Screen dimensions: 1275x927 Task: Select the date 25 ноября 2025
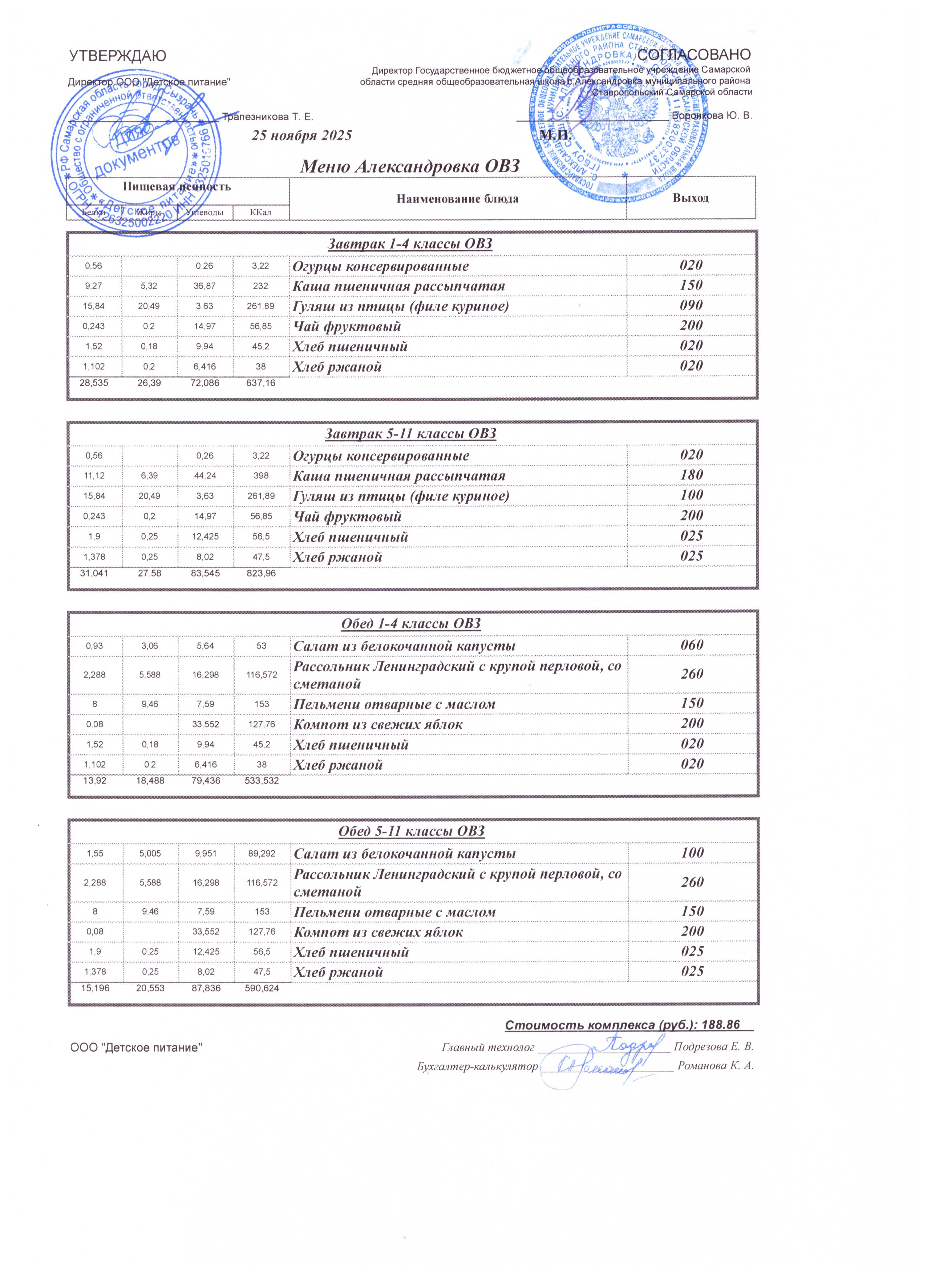coord(301,135)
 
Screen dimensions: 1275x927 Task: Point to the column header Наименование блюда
coord(458,199)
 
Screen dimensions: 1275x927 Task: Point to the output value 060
coord(692,645)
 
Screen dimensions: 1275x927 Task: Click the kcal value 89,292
coord(262,853)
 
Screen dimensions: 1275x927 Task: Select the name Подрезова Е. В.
coord(713,1047)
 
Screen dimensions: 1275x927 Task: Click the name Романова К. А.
coord(716,1066)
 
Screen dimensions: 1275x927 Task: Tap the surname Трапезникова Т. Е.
coord(268,117)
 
